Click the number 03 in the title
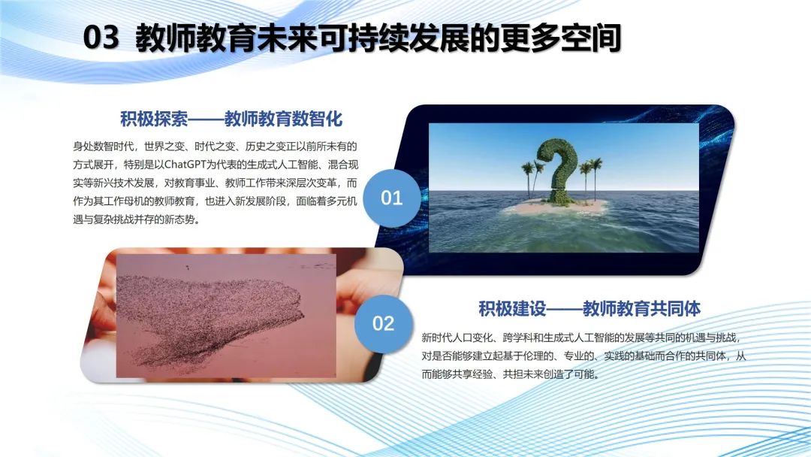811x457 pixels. [x=101, y=38]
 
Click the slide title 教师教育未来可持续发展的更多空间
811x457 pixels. [x=378, y=38]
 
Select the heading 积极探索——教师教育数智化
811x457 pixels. [x=231, y=119]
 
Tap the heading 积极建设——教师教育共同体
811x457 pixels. [x=589, y=308]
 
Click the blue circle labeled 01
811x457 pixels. [x=391, y=198]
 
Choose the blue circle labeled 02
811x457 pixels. [x=383, y=323]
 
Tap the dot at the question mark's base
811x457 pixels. [x=556, y=197]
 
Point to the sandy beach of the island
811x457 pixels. [x=553, y=207]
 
